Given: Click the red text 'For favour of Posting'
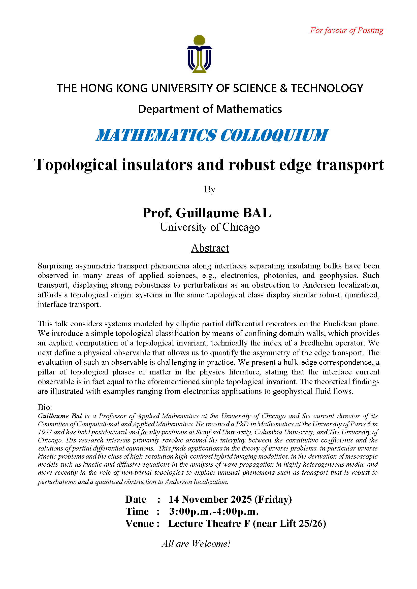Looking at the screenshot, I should [346, 30].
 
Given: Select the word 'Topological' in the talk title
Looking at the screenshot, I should [76, 165].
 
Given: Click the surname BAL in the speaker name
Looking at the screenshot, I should [257, 213].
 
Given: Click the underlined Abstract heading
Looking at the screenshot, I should [210, 248].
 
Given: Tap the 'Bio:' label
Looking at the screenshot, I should [45, 407].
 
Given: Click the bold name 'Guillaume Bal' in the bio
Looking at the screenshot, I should [60, 416].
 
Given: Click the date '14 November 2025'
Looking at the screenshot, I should [210, 499].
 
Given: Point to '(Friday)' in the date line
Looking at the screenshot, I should [273, 499].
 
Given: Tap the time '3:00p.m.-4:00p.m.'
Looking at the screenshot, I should [214, 511].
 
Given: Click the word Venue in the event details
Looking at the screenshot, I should [140, 524].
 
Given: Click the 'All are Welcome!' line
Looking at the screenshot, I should [196, 544].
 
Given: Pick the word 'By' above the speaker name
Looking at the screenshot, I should [210, 189].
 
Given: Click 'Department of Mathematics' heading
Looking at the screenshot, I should [210, 109].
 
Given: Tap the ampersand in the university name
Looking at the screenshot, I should [283, 88].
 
